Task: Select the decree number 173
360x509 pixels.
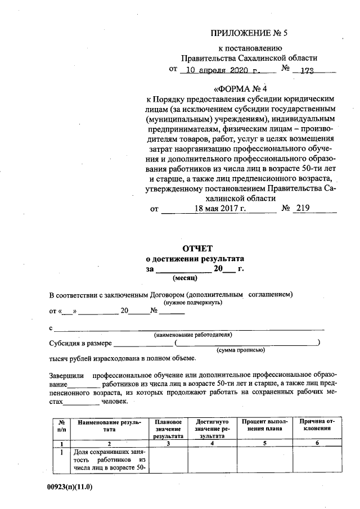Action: pos(307,71)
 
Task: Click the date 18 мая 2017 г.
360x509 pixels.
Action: pos(220,209)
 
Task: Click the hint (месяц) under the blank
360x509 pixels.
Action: pos(184,278)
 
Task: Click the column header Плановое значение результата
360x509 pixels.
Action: pos(168,429)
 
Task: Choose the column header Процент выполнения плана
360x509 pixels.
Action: pos(264,425)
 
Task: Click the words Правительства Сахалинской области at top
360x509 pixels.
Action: pos(249,58)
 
